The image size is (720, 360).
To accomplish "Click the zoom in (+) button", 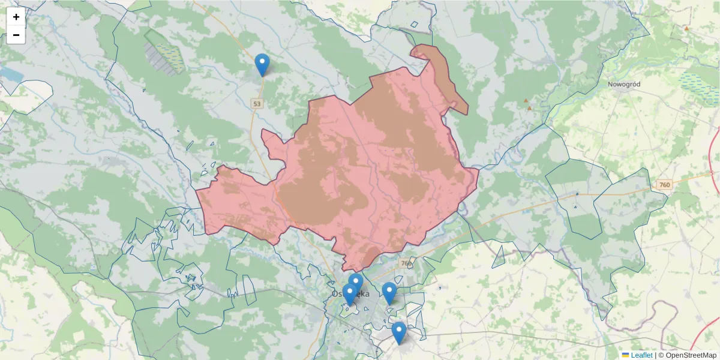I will coord(16,17).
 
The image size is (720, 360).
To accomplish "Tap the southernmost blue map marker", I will coord(398,332).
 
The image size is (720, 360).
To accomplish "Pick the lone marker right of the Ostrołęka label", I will coord(389,293).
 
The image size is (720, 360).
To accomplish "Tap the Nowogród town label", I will coord(624,85).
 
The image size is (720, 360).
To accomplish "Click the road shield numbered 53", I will coord(257,104).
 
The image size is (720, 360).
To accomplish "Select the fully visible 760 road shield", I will coord(664,185).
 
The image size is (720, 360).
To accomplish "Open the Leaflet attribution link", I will coord(641,355).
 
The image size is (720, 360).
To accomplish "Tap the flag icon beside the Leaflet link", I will coord(625,355).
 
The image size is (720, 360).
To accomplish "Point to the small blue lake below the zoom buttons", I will coord(10,74).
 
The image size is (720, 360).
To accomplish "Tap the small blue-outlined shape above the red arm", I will coord(413,25).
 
